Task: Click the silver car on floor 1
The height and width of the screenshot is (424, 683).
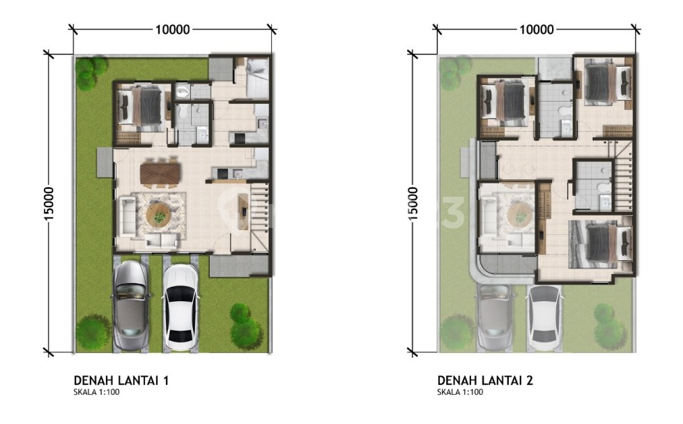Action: click(x=131, y=306)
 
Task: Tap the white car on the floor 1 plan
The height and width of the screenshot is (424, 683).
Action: click(x=181, y=308)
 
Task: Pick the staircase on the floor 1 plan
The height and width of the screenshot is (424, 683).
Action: click(x=260, y=216)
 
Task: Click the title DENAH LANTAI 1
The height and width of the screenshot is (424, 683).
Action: click(x=121, y=381)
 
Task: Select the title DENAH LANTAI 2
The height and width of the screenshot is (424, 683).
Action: click(x=485, y=381)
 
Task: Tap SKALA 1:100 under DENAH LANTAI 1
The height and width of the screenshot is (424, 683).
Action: click(x=96, y=392)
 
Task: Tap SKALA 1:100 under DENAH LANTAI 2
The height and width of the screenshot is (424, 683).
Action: click(x=460, y=392)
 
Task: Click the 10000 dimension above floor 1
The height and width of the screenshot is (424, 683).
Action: click(x=173, y=29)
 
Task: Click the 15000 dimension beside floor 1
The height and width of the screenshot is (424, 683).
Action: click(x=49, y=204)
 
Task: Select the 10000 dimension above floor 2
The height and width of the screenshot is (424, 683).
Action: click(x=537, y=29)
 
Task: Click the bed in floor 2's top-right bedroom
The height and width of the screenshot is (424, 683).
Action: click(x=607, y=82)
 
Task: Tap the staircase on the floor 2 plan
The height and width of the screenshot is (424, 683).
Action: click(x=622, y=179)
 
